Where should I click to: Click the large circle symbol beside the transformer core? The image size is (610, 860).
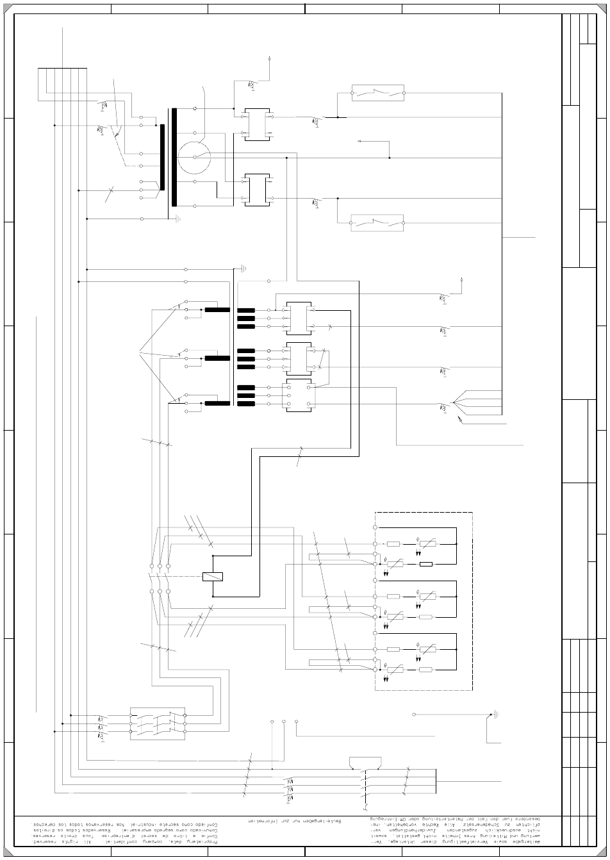194,158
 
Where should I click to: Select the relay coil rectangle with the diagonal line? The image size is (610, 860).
213,576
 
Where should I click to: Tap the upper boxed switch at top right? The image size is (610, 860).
377,93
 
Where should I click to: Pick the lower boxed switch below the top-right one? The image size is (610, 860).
377,223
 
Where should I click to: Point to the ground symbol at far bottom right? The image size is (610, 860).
495,714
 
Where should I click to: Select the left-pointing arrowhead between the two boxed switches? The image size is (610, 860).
360,141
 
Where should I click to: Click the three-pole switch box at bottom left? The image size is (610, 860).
158,724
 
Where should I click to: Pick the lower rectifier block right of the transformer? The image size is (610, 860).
257,190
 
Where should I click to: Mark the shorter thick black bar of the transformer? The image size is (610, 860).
162,157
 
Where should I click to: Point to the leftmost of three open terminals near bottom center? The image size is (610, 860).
272,722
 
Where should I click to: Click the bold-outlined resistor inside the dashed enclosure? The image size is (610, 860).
425,564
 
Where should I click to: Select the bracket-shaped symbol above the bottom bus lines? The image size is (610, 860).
366,762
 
